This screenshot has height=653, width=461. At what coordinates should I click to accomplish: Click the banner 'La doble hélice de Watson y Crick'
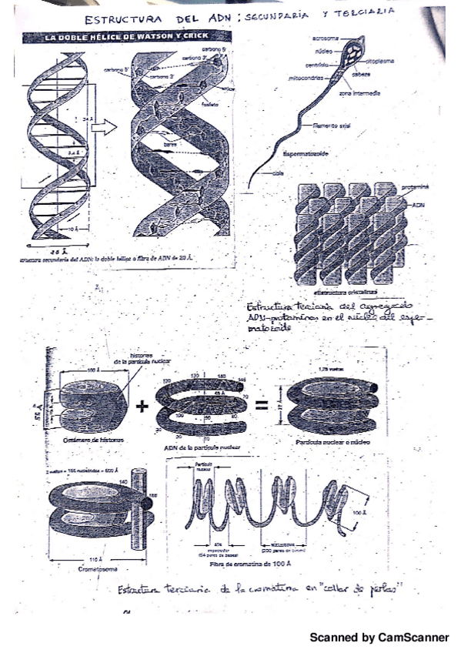click(110, 37)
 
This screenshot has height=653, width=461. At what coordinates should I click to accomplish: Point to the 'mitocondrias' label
click(305, 78)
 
